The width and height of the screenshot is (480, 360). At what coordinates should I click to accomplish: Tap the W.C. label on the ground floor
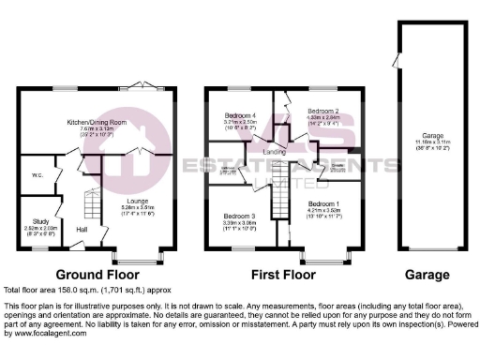(x=35, y=173)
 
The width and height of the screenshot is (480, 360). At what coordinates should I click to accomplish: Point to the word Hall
(x=82, y=230)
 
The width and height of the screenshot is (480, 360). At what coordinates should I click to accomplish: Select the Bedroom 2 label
(x=322, y=111)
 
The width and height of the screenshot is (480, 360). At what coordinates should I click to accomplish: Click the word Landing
(x=274, y=152)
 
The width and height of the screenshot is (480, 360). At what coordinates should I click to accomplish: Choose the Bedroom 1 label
(x=324, y=203)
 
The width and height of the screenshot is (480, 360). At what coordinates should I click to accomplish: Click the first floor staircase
(x=278, y=201)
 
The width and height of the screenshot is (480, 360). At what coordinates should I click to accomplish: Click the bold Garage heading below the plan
(x=427, y=276)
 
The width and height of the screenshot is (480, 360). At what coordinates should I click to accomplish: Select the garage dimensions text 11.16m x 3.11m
(x=431, y=143)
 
